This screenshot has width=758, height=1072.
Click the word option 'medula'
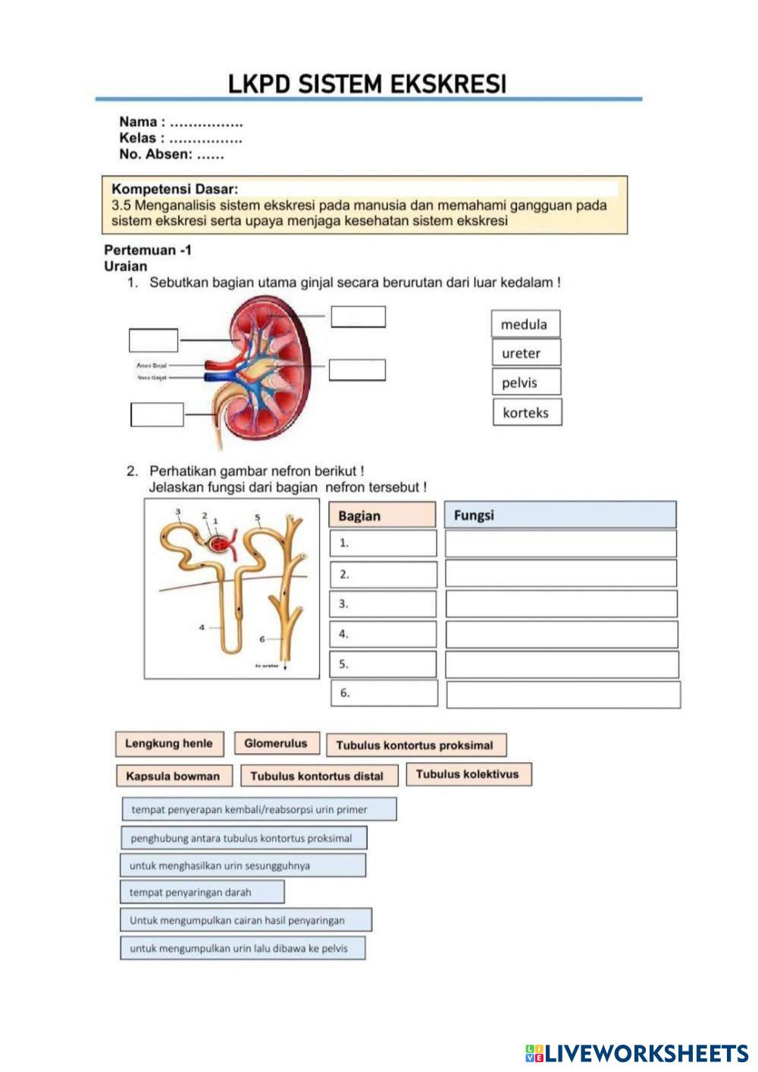point(525,324)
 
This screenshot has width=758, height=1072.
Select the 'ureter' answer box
point(526,353)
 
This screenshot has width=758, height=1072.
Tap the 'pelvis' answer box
point(526,383)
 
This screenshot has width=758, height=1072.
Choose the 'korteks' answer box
point(527,413)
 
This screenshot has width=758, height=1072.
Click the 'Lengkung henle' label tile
point(169,744)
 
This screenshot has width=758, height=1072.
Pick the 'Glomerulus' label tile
point(276,744)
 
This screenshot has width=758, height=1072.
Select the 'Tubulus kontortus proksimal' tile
point(415,745)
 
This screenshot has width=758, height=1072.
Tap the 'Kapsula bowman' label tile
point(174,777)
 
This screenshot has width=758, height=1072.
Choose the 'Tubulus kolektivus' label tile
point(468,774)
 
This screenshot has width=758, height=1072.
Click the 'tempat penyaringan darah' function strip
point(202,892)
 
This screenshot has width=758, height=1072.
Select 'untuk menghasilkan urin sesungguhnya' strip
point(243,865)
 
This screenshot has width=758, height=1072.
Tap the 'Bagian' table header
point(382,516)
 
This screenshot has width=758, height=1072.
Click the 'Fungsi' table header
point(559,515)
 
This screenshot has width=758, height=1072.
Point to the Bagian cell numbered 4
point(384,634)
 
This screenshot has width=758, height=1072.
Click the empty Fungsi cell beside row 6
point(562,695)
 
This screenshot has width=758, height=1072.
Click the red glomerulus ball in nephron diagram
point(221,545)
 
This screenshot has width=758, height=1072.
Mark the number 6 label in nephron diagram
point(262,639)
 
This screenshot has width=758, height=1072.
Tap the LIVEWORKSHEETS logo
point(637,1052)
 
